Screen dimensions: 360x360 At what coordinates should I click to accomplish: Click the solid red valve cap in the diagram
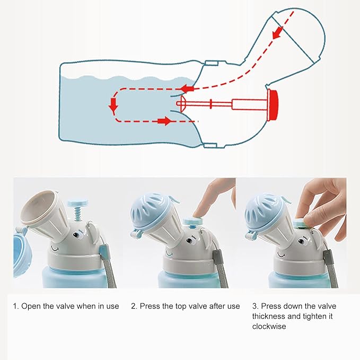coord(273,106)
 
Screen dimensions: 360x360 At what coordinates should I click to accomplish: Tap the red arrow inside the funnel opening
coord(278,32)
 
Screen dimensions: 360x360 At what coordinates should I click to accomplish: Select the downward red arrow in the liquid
coord(113,106)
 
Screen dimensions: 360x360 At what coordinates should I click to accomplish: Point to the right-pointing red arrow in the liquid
coord(164,121)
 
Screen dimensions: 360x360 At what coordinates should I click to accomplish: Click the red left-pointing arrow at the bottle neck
coord(187,89)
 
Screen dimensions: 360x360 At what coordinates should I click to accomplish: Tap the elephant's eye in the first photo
coord(76,235)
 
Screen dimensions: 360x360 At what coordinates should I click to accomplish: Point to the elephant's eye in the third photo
coord(301,241)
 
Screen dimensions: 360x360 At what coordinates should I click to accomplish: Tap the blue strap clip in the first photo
coord(103,252)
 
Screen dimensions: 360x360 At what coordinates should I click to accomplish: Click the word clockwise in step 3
coord(269,327)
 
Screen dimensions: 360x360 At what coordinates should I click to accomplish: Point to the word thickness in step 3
coord(269,316)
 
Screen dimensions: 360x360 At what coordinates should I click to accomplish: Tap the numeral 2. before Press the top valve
coord(134,306)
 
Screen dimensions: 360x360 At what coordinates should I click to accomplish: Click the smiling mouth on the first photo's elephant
coord(55,249)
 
